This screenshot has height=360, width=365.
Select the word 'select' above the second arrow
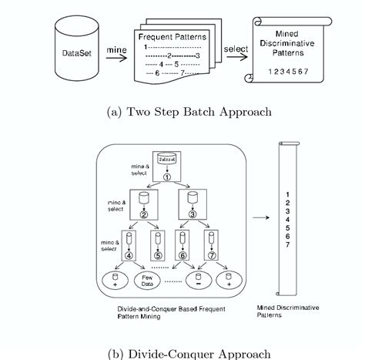coord(236,49)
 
